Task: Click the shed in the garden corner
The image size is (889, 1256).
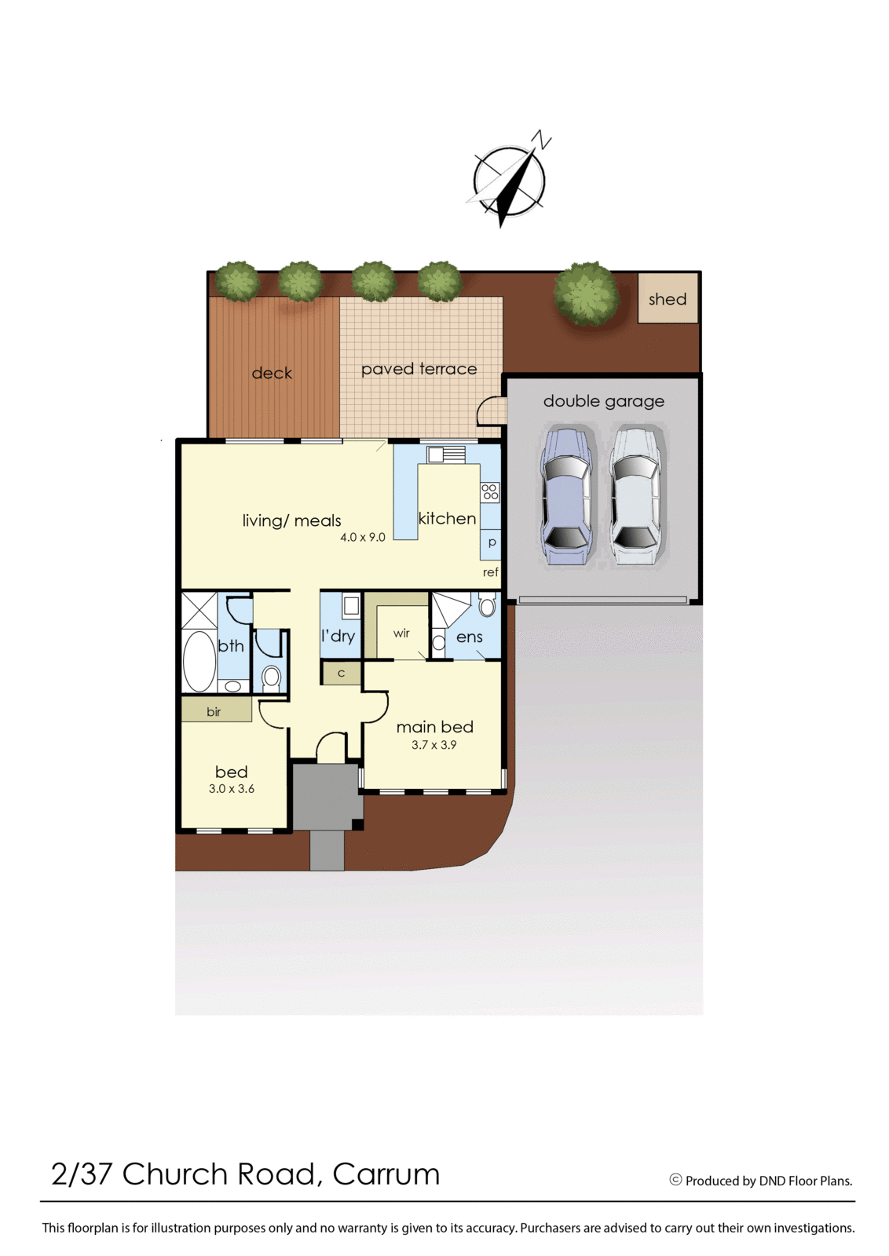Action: coord(667,298)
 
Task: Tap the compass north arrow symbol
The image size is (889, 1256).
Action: coord(510,180)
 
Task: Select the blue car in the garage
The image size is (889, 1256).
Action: coord(565,496)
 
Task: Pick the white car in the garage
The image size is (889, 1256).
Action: coord(635,496)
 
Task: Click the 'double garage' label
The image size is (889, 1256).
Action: coord(603,401)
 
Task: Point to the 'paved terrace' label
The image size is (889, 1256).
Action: coord(419,369)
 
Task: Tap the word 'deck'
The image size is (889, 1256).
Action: coord(272,373)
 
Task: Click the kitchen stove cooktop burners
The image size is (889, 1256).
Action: coord(489,492)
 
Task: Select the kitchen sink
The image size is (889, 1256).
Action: coord(445,455)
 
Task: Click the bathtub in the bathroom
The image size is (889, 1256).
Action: coord(199,661)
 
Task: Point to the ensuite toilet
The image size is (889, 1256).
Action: coord(487,605)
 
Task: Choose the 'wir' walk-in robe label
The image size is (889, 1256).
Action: coord(401,633)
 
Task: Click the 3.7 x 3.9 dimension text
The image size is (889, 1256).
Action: coord(434,745)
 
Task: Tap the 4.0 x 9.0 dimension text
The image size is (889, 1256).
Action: coord(362,538)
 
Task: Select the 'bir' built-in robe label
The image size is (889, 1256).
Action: coord(214,712)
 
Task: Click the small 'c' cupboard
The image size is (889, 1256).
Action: coord(341,673)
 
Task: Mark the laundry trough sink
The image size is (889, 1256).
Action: coord(351,605)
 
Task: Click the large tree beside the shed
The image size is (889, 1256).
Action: coord(586,294)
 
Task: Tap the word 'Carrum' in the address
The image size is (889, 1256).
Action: coord(386,1174)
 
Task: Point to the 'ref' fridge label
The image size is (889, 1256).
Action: coord(490,572)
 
